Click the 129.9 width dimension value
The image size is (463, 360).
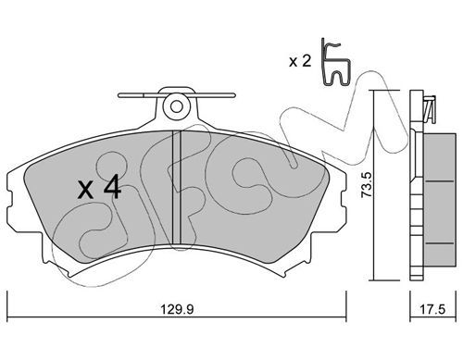click(177, 309)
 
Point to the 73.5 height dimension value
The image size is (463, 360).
click(367, 185)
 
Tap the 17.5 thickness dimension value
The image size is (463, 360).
click(432, 309)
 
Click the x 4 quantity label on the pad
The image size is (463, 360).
click(99, 187)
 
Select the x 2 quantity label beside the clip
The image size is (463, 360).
click(300, 61)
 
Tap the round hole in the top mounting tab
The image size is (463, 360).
click(176, 106)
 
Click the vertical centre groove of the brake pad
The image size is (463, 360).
click(176, 188)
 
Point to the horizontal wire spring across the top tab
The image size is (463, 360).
click(177, 95)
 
